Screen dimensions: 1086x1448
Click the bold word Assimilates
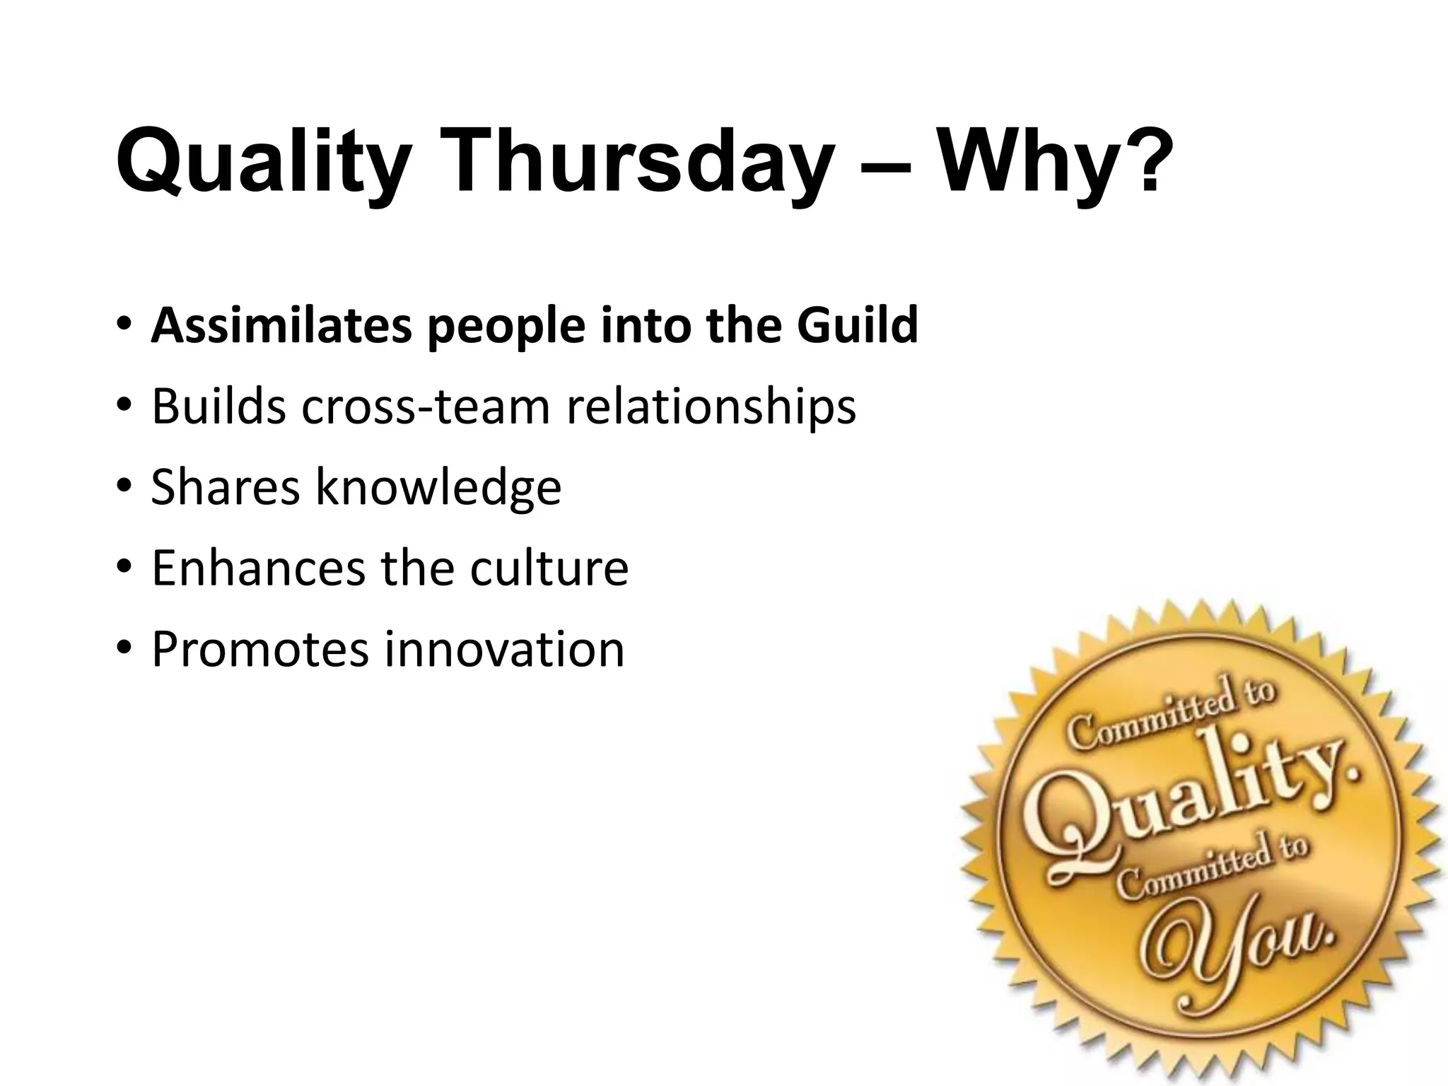coord(281,326)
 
